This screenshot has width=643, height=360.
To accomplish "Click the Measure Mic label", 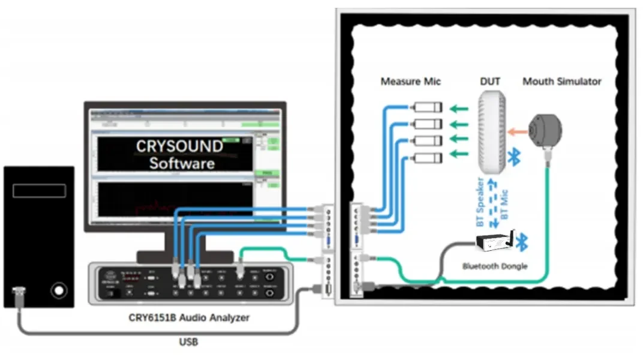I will (x=411, y=81).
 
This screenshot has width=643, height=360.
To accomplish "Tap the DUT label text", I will (x=490, y=81).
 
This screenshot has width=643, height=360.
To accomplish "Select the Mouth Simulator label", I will (x=561, y=81).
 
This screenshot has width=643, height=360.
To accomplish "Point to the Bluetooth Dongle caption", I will (x=495, y=266).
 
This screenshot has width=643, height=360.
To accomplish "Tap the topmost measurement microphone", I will (x=427, y=107).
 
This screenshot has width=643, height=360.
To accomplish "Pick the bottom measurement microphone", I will (x=427, y=158).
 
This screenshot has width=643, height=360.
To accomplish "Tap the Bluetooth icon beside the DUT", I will (x=514, y=157).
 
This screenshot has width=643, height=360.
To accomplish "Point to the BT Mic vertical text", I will (x=504, y=202).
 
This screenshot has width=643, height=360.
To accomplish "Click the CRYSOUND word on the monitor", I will (x=179, y=146).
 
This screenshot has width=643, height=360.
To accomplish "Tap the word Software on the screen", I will (x=182, y=163).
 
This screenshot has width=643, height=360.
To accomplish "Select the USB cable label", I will (x=188, y=342).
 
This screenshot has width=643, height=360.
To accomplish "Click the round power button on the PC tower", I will (x=58, y=291).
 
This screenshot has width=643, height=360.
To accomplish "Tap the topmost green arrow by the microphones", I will (x=459, y=109).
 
